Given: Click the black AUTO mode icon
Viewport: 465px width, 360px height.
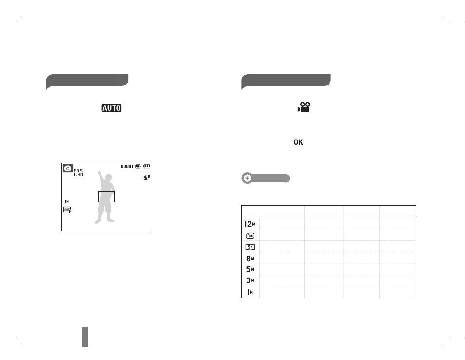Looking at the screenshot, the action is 112,108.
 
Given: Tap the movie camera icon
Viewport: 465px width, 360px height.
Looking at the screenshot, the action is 304,107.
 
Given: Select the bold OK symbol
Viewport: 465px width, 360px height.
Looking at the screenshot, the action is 298,142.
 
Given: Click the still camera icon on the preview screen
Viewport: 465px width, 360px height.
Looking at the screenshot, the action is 68,168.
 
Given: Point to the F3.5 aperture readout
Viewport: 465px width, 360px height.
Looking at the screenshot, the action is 78,171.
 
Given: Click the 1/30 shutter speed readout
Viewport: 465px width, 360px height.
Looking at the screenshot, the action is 78,175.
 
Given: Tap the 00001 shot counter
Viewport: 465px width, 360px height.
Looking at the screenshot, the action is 127,166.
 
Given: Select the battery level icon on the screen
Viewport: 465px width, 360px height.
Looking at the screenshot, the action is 147,166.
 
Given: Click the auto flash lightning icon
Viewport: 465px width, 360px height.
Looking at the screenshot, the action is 147,178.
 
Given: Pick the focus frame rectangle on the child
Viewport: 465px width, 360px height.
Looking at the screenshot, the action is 106,192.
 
